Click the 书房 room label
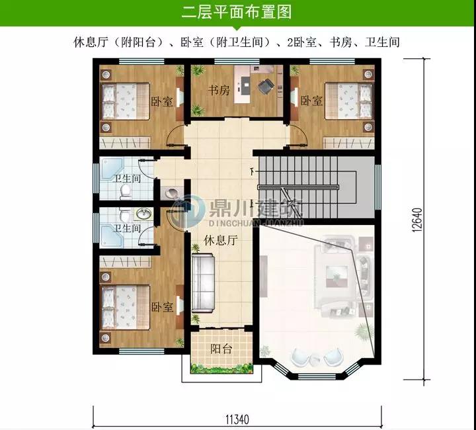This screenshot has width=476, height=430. point(219,90)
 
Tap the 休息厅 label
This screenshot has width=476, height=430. point(220,240)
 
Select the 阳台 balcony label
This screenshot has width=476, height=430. point(221,349)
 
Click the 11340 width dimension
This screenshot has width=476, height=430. point(237,419)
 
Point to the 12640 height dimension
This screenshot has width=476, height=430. point(417,220)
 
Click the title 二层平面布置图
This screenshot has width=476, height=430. point(237,12)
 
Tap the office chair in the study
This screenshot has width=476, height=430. point(266,85)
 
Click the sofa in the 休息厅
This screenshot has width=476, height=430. point(203,284)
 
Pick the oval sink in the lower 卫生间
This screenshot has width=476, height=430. point(144,214)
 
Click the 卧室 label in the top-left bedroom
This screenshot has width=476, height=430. point(162,101)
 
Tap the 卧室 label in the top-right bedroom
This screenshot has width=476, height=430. point(311,101)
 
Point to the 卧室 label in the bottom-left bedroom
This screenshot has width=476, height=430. point(162,307)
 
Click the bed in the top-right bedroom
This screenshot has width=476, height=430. point(349,101)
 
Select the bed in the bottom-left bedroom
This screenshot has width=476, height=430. point(125,307)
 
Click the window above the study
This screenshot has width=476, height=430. point(237,61)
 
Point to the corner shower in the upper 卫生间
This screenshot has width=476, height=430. point(111,169)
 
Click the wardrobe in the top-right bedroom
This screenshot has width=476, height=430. point(348,143)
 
